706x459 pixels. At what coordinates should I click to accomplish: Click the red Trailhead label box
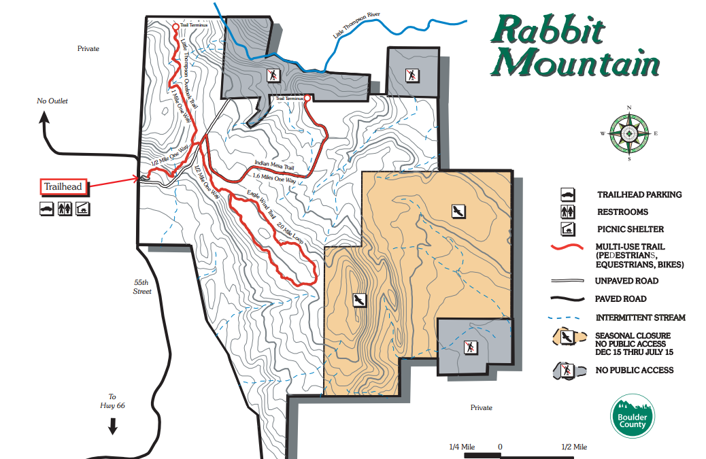click(63, 186)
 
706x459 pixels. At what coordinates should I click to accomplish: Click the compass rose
click(630, 133)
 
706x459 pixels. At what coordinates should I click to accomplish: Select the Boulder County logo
click(632, 415)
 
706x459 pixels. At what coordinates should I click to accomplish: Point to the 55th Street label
click(141, 286)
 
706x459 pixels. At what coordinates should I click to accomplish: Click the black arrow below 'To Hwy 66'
click(113, 426)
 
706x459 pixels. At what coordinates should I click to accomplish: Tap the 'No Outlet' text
click(52, 101)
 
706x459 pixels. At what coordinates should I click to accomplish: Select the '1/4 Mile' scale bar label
click(462, 447)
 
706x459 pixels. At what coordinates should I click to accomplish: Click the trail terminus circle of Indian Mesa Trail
click(307, 99)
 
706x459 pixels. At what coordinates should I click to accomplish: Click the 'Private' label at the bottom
click(481, 407)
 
